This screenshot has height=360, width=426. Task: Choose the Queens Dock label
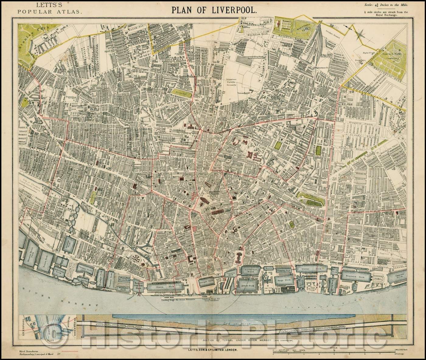pos(306,269)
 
